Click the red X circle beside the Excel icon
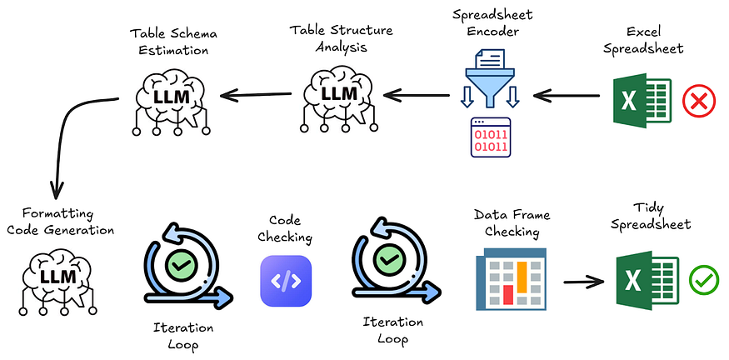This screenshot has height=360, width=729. pos(699,101)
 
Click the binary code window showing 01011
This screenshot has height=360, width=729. pos(491,137)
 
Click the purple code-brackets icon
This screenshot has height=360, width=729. pos(286,281)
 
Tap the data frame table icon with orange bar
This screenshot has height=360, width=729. pos(511,279)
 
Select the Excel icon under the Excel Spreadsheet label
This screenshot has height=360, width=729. pos(642,100)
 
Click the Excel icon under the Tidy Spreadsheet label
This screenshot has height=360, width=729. pos(647,281)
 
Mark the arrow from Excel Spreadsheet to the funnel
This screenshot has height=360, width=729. pos(567,97)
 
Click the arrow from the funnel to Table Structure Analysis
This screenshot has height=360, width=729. pos(417,96)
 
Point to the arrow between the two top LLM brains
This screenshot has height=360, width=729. pos(256,95)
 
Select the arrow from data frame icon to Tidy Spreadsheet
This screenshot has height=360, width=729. pos(583,282)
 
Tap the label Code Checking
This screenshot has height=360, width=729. pos(285,229)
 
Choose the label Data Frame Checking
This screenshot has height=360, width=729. pos(512,222)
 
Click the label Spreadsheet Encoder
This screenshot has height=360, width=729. pos(493,23)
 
